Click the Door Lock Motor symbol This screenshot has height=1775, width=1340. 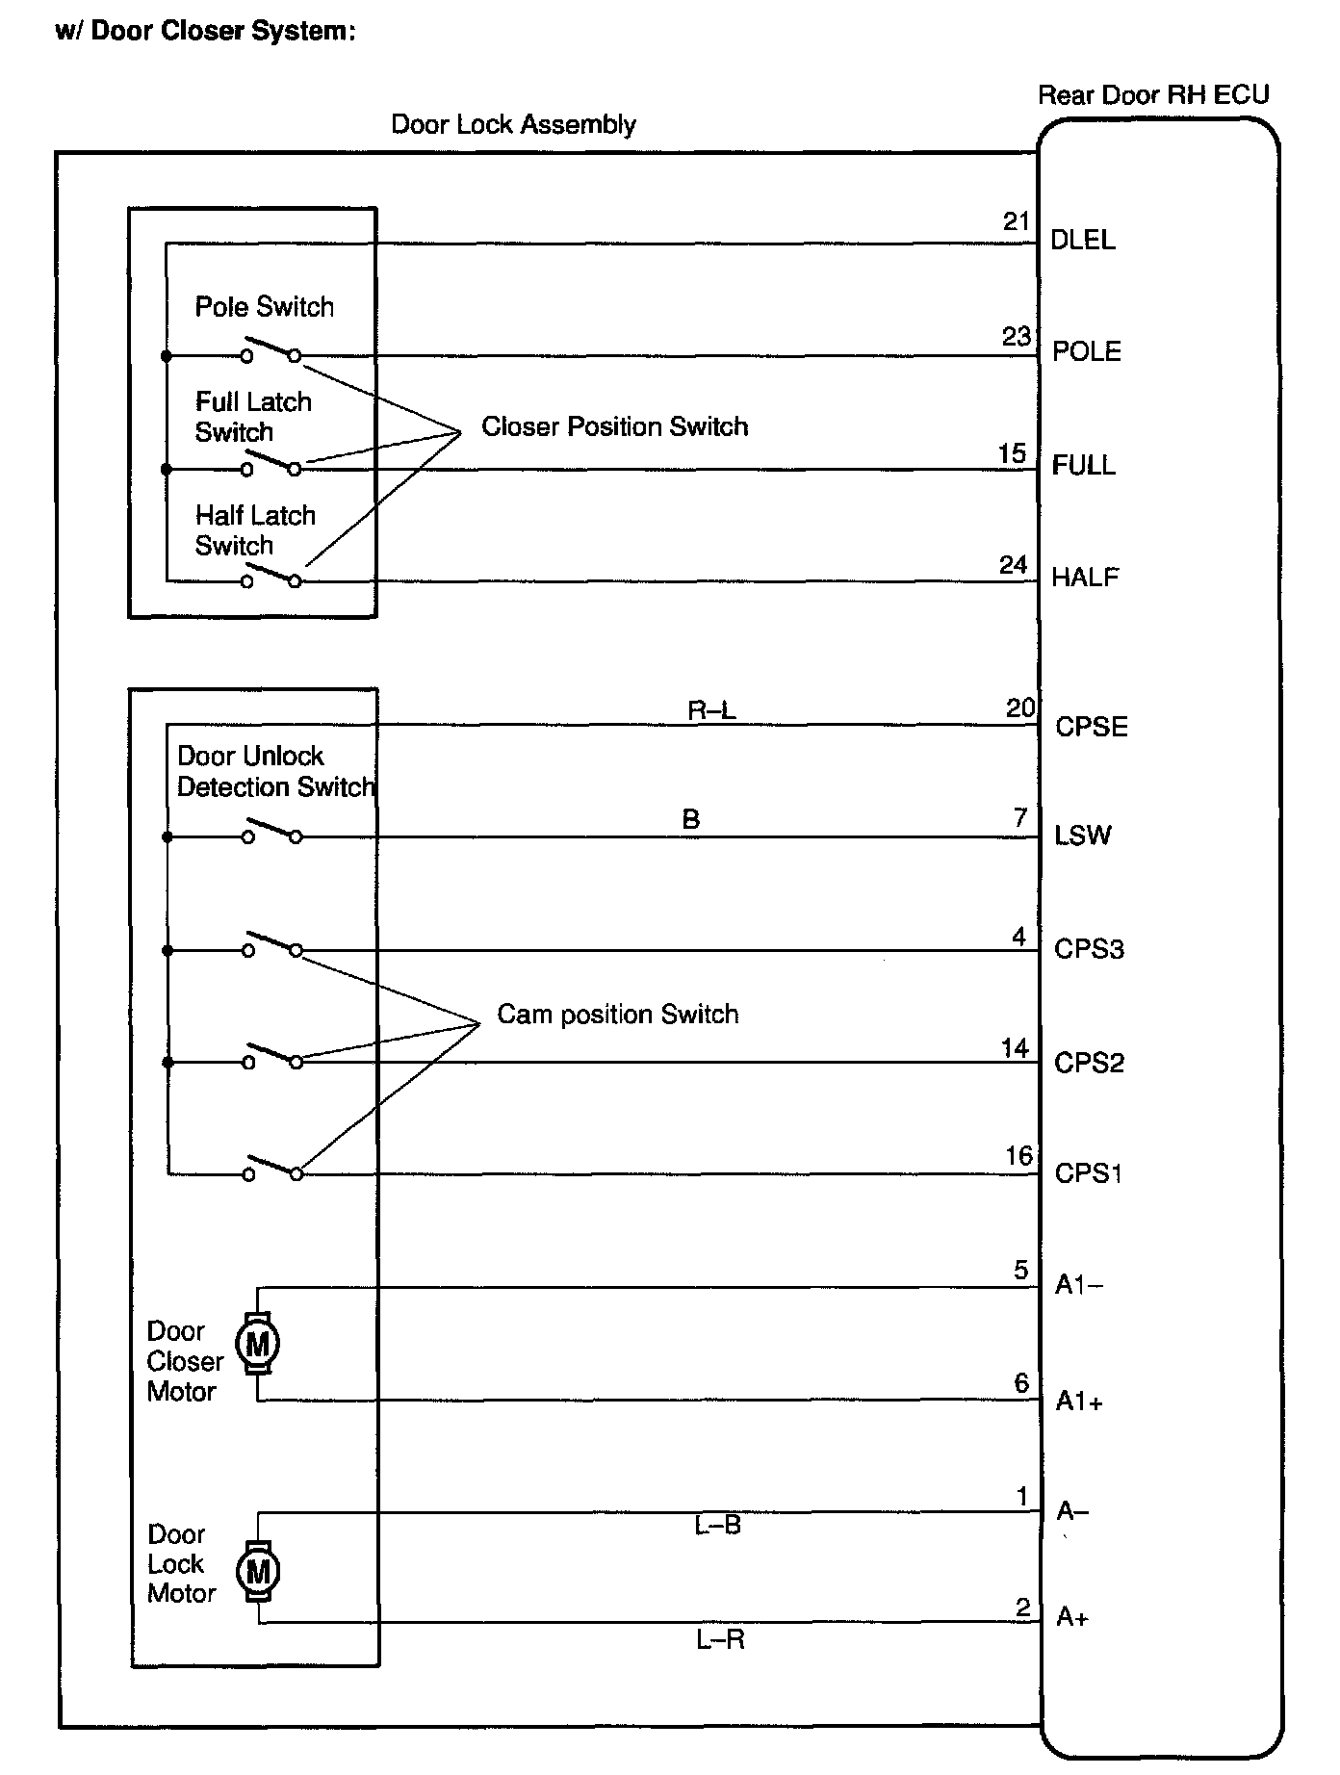coord(257,1572)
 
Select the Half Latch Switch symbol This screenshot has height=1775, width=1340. coord(271,576)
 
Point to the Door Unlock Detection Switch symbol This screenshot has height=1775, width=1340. coord(271,832)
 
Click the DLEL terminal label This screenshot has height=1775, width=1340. coord(1083,240)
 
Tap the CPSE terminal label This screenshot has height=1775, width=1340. coord(1091,727)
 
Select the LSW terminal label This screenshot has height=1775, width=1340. coord(1082,836)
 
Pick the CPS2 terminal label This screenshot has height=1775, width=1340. coord(1089,1063)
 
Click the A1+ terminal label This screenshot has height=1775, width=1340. coord(1079,1402)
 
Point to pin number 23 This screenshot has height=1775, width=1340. coord(1017,337)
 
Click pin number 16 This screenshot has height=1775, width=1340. coord(1018,1156)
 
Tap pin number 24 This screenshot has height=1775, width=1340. coord(1013,565)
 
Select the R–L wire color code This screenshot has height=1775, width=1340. coord(711,711)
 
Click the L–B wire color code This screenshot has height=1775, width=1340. coord(717,1526)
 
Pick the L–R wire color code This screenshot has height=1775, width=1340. coord(720,1639)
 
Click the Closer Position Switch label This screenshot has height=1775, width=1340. coord(614,426)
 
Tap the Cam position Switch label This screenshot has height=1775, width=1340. coord(617,1015)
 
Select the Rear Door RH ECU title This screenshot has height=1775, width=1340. coord(1152,94)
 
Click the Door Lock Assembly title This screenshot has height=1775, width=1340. coord(513,124)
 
